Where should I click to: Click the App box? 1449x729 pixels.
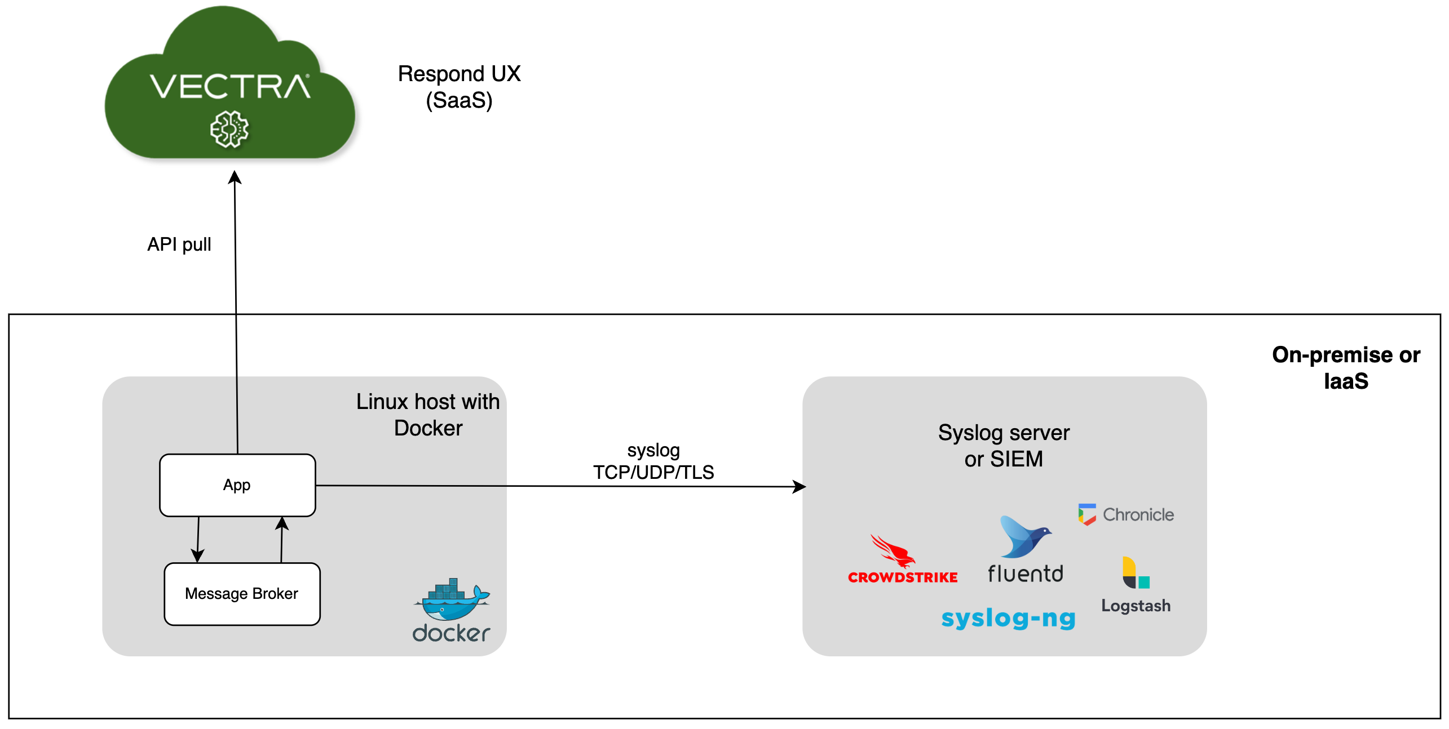point(237,485)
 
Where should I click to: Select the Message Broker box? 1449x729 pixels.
point(242,594)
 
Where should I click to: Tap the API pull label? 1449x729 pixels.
point(179,245)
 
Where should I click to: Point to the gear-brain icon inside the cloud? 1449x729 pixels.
point(229,130)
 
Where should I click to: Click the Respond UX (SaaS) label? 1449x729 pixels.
point(459,87)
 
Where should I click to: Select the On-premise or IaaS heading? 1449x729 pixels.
point(1345,368)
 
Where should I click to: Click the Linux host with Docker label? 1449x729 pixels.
point(428,415)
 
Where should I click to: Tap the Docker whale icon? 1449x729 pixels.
point(453,601)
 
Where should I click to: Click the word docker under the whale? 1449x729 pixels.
point(451,634)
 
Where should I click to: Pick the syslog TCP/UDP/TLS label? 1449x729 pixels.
point(653,461)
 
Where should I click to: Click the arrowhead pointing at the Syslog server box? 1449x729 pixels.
point(799,486)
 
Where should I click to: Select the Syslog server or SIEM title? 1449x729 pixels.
point(1004,446)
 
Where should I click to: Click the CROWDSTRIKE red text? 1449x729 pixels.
point(903,577)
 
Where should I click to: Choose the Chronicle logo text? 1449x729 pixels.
point(1138,514)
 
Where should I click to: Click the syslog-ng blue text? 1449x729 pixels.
point(1009,619)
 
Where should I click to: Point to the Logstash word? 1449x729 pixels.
point(1136,606)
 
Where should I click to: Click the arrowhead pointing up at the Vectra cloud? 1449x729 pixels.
point(235,177)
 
